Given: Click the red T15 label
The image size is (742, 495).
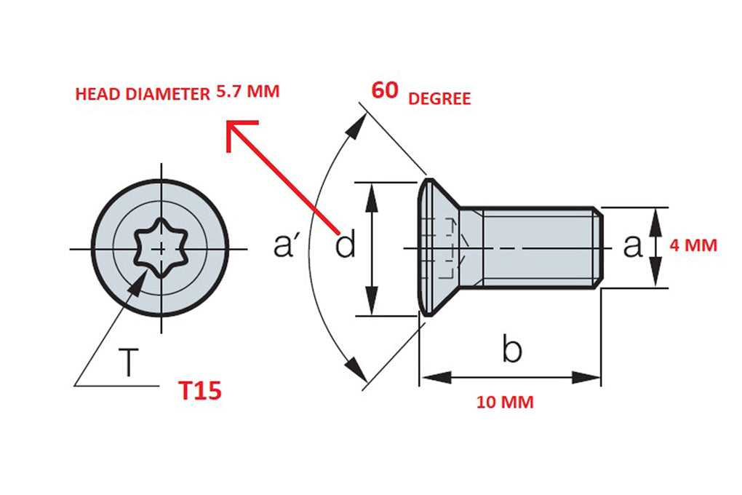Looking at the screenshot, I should [200, 391].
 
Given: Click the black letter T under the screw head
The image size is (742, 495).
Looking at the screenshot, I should [129, 363].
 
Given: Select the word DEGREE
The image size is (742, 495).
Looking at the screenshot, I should [439, 99].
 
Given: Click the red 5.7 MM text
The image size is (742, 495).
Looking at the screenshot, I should [247, 92].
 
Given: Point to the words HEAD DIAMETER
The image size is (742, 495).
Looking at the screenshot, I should [143, 94].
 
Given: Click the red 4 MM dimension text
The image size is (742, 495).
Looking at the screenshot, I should [693, 245].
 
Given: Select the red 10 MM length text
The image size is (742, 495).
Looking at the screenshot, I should [505, 402].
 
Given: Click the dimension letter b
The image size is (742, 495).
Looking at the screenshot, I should [512, 351].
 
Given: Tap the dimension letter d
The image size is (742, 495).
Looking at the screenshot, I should [346, 246].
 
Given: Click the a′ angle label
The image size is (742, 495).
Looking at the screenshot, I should [287, 246].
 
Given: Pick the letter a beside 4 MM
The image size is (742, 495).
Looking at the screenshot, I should [633, 246].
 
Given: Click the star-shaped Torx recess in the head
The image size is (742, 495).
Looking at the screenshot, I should [160, 247].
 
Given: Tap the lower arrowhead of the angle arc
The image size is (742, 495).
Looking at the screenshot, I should [356, 368].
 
